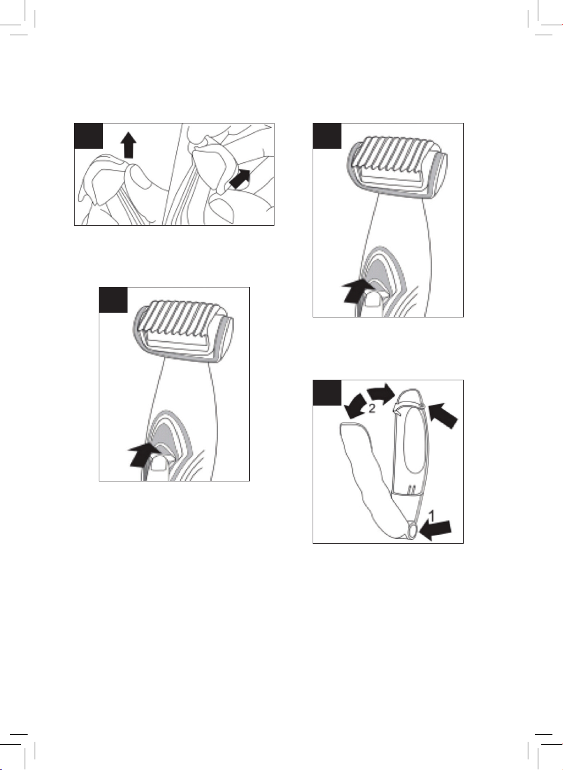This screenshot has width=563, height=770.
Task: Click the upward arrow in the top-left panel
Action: coord(129,145)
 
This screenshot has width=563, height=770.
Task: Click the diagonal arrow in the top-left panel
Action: coord(240,179)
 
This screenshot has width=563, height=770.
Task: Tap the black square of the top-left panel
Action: coord(89,136)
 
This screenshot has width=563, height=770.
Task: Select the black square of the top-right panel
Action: coord(327,136)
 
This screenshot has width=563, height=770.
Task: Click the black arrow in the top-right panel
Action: coord(356,291)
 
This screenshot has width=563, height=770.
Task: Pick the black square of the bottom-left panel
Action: coord(113,300)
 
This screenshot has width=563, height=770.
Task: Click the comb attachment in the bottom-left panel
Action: coord(184,332)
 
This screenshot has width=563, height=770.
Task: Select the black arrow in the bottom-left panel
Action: coord(143,455)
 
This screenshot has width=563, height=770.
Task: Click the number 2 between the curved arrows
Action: coord(371,409)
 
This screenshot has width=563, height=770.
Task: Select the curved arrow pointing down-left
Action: coord(356,407)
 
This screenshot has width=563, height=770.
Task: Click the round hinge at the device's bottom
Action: coord(413,531)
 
